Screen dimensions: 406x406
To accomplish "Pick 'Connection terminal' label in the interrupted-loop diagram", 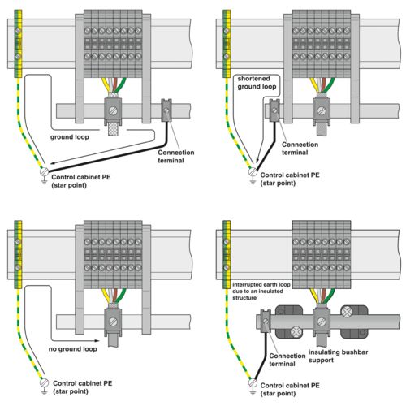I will coord(286,359).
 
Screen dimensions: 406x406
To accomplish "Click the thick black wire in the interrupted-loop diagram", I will coord(257,357).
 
